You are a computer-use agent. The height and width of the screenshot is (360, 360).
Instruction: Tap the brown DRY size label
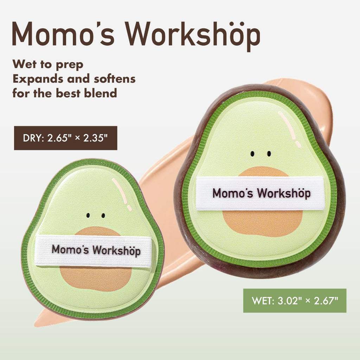coord(65,138)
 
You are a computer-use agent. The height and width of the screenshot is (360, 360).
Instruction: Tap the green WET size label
coord(295,301)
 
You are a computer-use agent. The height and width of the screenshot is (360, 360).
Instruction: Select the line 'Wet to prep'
coord(48,64)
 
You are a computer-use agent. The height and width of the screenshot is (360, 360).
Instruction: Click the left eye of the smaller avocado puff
coord(89,215)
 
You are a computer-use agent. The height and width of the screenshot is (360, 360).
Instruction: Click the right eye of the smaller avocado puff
coord(103,215)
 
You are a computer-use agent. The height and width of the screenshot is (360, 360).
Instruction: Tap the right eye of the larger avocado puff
coord(269,154)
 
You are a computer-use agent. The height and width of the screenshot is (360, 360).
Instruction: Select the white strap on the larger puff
coord(260,193)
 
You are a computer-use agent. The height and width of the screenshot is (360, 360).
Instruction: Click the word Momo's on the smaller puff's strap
coord(70,250)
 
